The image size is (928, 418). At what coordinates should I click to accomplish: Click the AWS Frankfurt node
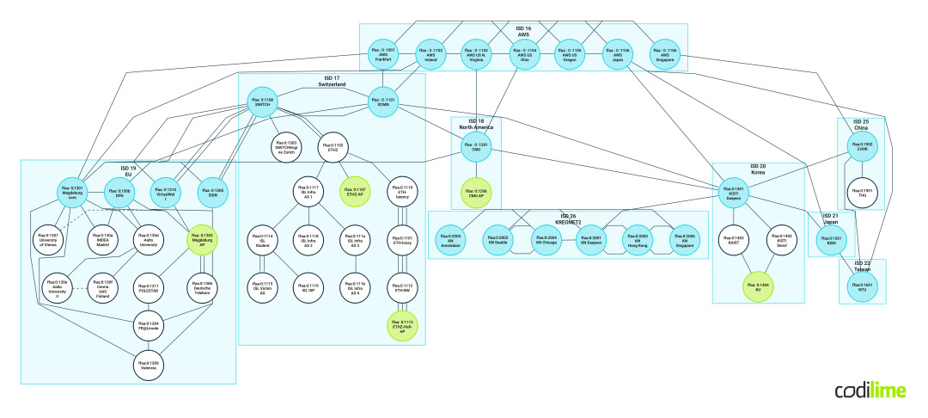coord(383,54)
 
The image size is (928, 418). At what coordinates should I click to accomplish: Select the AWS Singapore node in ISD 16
coord(664,54)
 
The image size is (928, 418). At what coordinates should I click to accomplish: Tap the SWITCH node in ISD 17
coord(263,101)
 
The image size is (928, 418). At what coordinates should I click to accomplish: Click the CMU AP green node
coord(476,193)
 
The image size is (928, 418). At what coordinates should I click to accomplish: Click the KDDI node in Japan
coord(831,241)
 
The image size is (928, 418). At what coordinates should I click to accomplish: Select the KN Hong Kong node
coord(638,240)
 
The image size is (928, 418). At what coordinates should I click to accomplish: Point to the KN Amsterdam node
coord(451,240)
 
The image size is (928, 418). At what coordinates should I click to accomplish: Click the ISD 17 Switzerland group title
coord(331,83)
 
